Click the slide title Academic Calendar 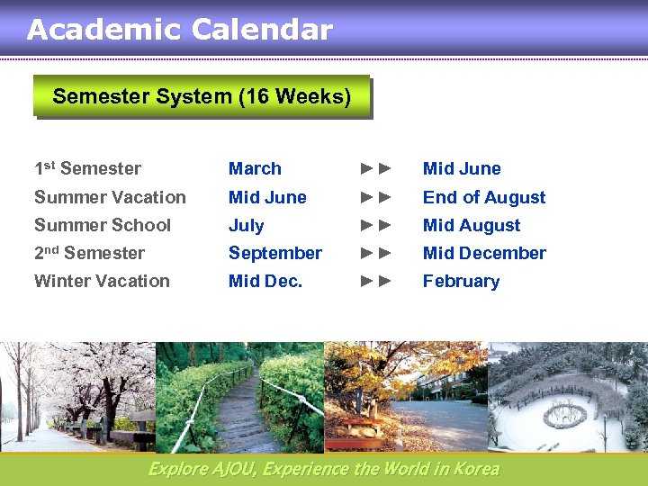tap(180, 30)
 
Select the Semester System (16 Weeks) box tap(202, 96)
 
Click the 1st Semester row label tap(87, 168)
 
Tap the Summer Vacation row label tap(110, 197)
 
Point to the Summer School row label tap(102, 225)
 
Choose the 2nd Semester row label tap(89, 253)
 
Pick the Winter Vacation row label tap(102, 281)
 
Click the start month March tap(255, 168)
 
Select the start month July tap(246, 226)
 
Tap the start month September tap(274, 253)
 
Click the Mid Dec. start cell tap(265, 281)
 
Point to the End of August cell tap(484, 197)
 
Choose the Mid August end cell tap(472, 226)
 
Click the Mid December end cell tap(484, 253)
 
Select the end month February tap(461, 281)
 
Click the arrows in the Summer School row tap(376, 225)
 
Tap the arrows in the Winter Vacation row tap(376, 281)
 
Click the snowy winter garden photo tap(567, 397)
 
